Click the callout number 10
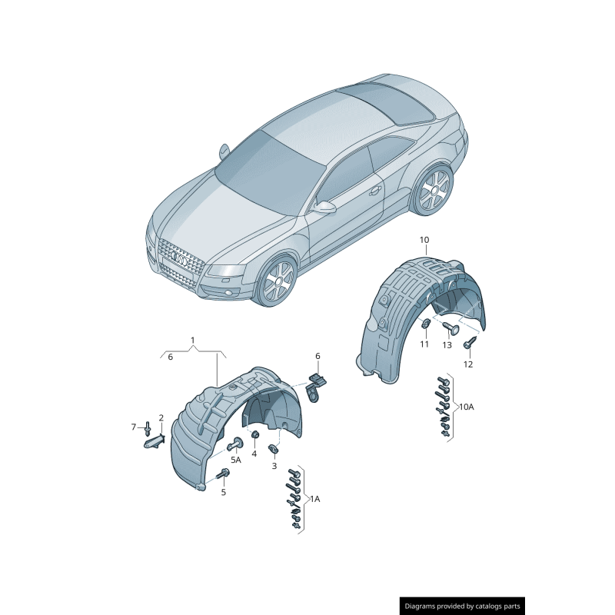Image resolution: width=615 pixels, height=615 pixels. pos(424,240)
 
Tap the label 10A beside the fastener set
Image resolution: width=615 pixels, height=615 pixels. pos(467,407)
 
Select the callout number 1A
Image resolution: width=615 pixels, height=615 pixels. pos(314,499)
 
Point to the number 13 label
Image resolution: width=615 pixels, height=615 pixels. pos(447,345)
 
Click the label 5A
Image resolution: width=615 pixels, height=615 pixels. pos(235,460)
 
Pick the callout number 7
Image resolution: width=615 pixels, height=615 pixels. pos(133,427)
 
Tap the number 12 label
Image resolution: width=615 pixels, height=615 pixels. pos(468,364)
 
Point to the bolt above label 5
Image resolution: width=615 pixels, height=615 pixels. pos(224,474)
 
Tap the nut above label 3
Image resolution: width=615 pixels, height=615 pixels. pos(273,449)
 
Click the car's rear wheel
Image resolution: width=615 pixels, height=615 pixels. pos(433,189)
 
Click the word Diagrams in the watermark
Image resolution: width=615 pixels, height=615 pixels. pos(424,607)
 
